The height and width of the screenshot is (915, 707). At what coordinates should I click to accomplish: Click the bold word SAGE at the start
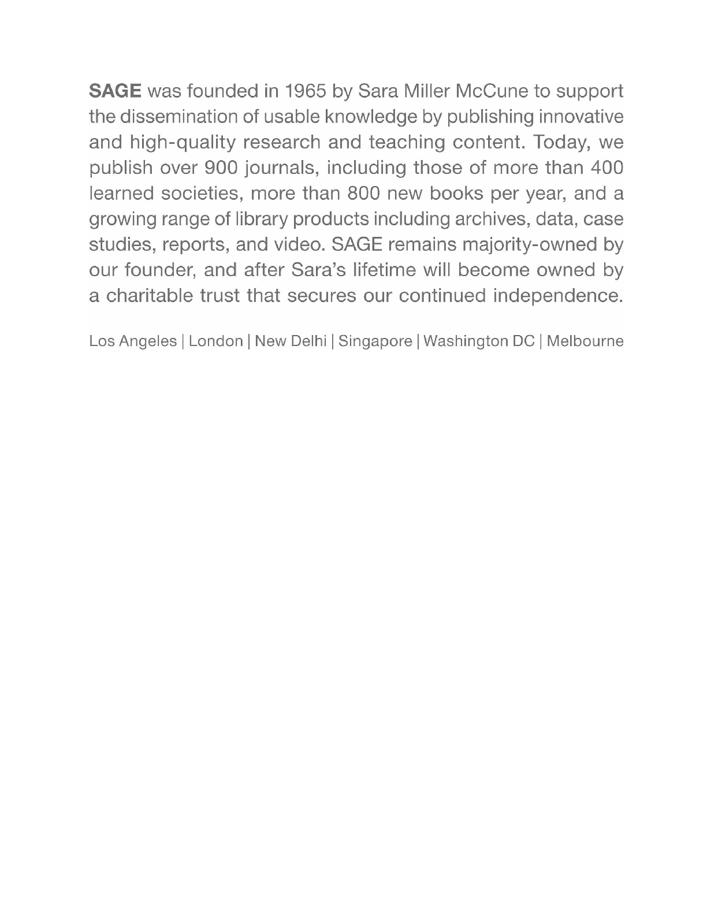tap(115, 91)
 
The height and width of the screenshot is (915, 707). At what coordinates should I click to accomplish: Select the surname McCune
tap(492, 91)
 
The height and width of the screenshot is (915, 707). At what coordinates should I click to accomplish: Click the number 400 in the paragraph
tap(606, 168)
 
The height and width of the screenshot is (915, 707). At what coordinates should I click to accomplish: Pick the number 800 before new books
tap(363, 194)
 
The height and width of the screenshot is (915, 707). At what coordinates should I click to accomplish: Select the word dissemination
tap(181, 117)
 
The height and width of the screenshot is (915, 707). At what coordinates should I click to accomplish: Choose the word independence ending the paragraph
tap(558, 296)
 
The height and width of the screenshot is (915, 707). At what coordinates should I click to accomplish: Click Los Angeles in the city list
tap(133, 341)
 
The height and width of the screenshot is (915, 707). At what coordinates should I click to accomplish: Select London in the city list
tap(215, 341)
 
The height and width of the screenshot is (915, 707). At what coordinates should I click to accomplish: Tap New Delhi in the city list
tap(291, 341)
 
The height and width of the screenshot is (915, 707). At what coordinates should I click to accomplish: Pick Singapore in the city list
tap(375, 341)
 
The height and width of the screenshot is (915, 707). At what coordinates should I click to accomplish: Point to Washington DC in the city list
tap(479, 341)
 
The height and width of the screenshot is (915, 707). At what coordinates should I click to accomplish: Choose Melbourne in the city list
tap(585, 341)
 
